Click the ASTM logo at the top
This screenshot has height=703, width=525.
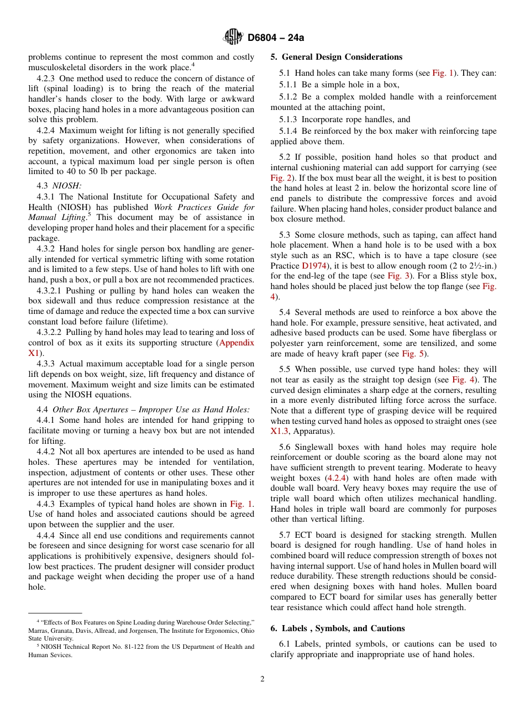pos(233,37)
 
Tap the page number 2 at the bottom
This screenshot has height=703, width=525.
pos(262,679)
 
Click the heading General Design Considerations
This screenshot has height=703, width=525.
pos(342,57)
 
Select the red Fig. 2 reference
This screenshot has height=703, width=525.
pos(280,178)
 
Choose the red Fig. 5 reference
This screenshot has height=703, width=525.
pos(413,354)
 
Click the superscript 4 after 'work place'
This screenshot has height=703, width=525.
pos(192,65)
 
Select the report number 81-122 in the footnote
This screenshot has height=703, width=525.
pos(124,647)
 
